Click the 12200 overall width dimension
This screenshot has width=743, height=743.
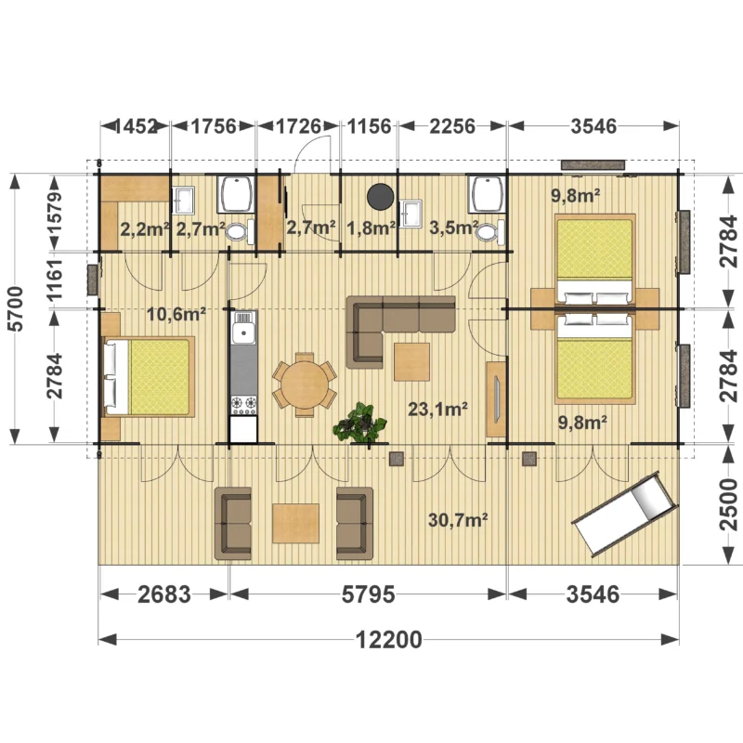(388, 640)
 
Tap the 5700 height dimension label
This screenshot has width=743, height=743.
(17, 308)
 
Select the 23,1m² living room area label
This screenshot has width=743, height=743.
(438, 408)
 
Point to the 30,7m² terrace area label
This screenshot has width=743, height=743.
(458, 520)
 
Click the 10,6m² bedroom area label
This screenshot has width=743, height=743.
(176, 313)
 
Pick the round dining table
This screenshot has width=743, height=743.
(305, 385)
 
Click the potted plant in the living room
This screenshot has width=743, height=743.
(360, 424)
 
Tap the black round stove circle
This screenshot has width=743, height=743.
(380, 197)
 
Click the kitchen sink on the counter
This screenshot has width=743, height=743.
(243, 327)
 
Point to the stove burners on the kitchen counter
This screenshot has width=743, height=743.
(243, 406)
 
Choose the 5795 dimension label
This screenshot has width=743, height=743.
(368, 594)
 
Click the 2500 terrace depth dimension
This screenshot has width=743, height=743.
(729, 504)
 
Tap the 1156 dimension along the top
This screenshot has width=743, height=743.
(370, 126)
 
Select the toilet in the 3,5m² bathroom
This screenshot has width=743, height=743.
(490, 233)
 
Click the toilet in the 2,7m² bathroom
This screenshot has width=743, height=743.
(240, 232)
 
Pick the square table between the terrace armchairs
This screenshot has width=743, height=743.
(295, 524)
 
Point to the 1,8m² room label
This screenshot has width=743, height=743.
(371, 228)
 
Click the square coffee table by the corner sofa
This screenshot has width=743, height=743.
(411, 362)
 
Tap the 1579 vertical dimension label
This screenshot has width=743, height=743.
(55, 214)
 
